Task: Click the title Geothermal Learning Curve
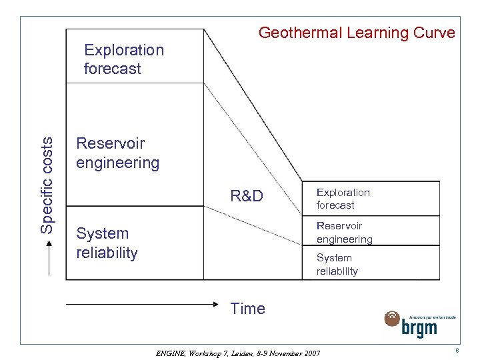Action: [356, 33]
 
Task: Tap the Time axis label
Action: [247, 309]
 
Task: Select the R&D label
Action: [246, 196]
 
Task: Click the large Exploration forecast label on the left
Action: [123, 59]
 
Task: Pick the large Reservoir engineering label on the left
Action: [117, 153]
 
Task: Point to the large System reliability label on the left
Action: [107, 243]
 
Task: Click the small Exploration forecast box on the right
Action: [370, 199]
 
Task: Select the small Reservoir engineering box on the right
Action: [370, 232]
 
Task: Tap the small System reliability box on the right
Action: [370, 264]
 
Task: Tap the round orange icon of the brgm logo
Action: [392, 319]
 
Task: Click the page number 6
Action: [457, 351]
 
